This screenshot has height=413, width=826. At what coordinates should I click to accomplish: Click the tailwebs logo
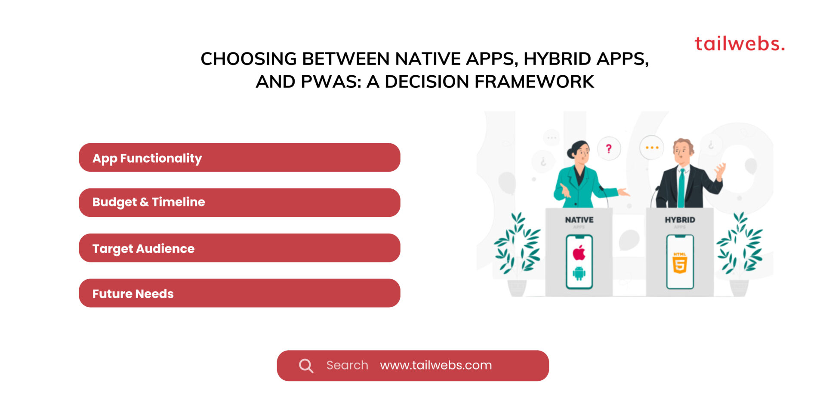(740, 44)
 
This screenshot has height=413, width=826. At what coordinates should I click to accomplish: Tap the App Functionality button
(239, 157)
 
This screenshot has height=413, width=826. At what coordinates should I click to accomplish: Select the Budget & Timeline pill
(239, 202)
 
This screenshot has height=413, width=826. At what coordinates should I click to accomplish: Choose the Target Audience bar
(239, 248)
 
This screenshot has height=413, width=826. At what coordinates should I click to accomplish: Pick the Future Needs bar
(239, 293)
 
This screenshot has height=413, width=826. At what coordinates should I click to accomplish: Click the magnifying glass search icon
(306, 366)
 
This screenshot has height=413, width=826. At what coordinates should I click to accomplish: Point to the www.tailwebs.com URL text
(435, 365)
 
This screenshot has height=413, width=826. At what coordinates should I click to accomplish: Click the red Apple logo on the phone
(579, 253)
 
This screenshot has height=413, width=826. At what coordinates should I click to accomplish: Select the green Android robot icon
(579, 273)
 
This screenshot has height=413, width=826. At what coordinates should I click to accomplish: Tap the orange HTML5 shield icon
(680, 264)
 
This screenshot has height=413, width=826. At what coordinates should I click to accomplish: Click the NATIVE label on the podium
(579, 220)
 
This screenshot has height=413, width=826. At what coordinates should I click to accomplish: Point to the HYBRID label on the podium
(680, 220)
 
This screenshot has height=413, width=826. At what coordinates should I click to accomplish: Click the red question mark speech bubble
(609, 149)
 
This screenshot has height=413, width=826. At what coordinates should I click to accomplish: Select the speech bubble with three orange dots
(652, 148)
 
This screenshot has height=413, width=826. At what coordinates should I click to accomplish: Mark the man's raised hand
(720, 170)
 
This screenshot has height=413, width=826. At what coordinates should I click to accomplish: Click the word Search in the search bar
(347, 365)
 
